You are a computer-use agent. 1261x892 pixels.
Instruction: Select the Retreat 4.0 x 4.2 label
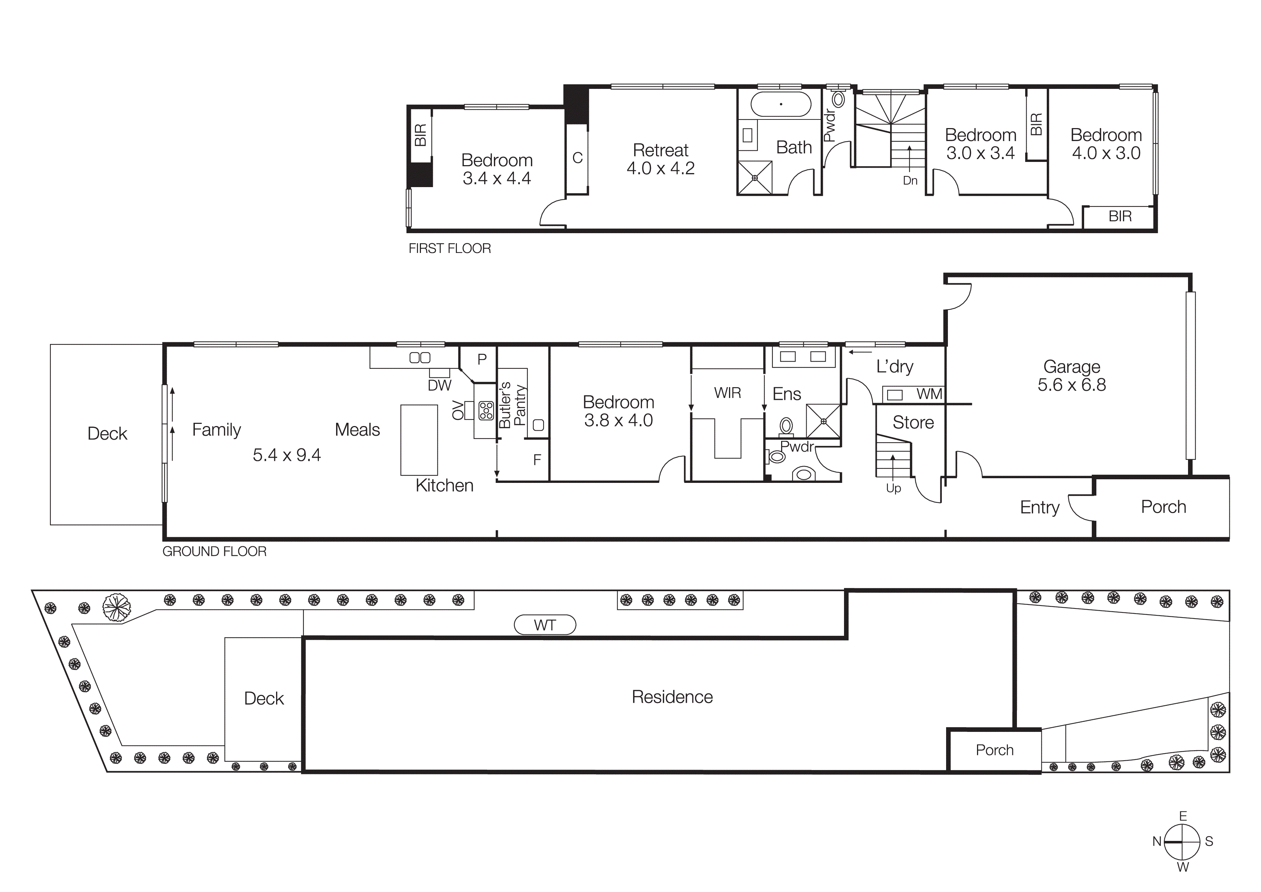point(660,159)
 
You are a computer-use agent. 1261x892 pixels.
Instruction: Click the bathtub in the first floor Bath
point(780,104)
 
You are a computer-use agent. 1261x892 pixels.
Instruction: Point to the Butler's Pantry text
point(513,405)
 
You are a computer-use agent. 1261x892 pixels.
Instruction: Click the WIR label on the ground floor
point(727,393)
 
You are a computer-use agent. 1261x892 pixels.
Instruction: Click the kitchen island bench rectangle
point(419,440)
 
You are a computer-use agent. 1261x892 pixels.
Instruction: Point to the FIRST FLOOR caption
point(449,248)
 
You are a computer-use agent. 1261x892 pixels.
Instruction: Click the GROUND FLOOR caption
point(214,551)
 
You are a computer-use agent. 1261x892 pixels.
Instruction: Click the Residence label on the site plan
point(672,697)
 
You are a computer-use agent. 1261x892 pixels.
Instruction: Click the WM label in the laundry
point(929,394)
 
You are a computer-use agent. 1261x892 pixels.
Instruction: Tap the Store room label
point(913,422)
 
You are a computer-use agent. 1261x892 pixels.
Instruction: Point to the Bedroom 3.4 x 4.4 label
point(496,169)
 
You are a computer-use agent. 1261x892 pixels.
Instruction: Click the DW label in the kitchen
point(439,385)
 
